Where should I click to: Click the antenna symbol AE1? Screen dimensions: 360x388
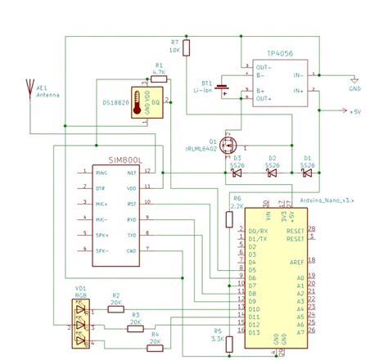click(30, 87)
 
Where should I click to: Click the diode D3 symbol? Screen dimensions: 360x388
click(237, 173)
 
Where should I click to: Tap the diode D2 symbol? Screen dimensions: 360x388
click(273, 173)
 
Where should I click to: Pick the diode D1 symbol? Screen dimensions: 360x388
click(307, 173)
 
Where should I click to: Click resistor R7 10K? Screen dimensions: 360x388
click(187, 48)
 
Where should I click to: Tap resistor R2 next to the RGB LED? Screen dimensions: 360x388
click(115, 309)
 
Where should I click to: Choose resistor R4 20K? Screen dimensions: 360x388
click(156, 341)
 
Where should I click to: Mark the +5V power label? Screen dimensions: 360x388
click(354, 112)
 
